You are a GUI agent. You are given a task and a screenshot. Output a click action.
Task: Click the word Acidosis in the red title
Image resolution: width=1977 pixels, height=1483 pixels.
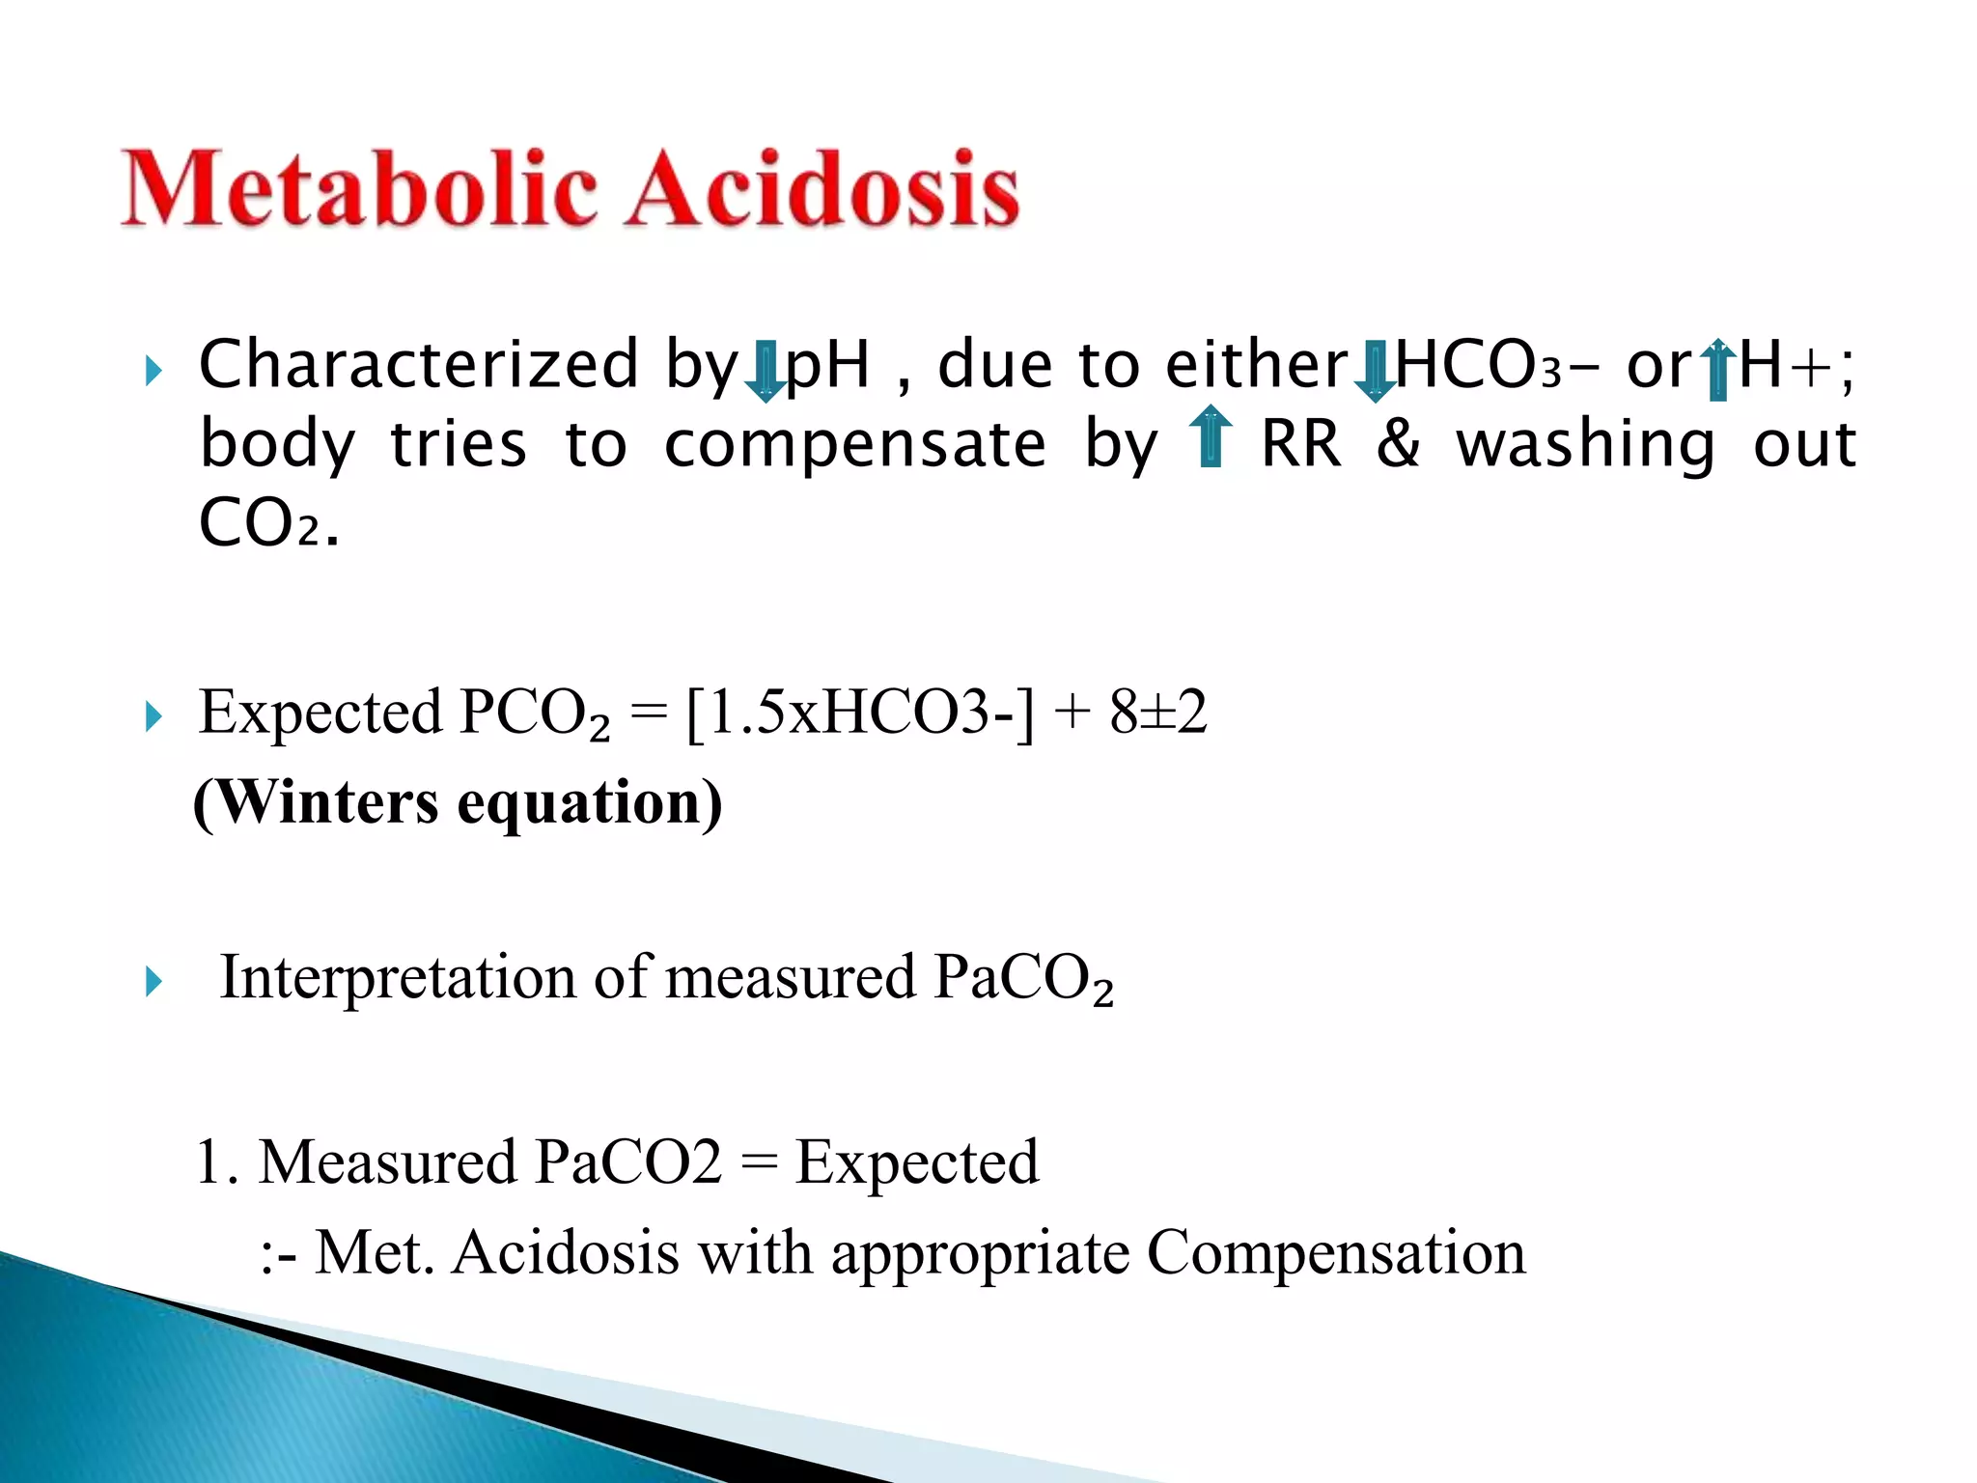(x=822, y=189)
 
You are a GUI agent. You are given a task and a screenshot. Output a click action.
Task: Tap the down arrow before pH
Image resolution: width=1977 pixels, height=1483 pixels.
(x=766, y=370)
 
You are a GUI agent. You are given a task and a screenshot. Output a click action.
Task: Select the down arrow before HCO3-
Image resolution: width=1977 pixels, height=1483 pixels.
(x=1374, y=370)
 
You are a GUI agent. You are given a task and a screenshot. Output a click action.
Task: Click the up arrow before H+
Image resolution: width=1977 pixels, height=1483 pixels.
(x=1716, y=370)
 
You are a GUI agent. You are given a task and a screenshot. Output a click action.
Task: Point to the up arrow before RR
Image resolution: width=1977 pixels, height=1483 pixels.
(x=1210, y=437)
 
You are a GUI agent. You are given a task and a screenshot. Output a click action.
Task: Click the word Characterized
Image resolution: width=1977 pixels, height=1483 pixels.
(x=418, y=365)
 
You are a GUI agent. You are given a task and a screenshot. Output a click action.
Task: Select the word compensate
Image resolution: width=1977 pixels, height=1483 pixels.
(x=854, y=444)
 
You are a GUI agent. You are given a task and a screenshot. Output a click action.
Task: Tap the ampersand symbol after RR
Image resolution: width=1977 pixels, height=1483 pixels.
(x=1398, y=444)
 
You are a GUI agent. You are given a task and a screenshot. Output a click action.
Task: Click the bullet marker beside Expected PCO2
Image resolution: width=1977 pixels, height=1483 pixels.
(x=153, y=717)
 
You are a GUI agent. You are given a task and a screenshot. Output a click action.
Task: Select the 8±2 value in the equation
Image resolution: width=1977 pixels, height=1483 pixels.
(x=1157, y=713)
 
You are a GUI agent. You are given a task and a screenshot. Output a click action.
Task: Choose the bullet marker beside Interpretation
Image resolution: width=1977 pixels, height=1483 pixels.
(x=153, y=983)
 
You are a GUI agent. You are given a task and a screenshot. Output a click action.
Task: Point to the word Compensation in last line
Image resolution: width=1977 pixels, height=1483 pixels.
(x=1336, y=1252)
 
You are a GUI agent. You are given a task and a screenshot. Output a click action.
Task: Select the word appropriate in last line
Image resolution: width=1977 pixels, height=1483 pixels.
(x=980, y=1254)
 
